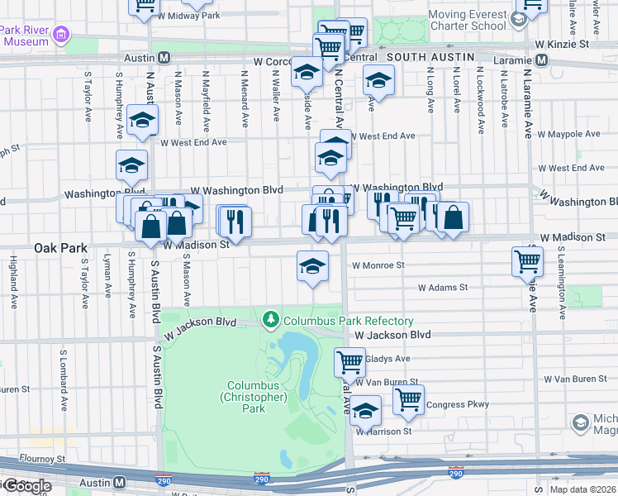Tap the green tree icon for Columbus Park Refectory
click(x=270, y=319)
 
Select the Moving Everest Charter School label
click(x=467, y=19)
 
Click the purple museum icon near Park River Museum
click(x=60, y=36)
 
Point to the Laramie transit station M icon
click(x=542, y=60)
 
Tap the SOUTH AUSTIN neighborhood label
click(x=430, y=57)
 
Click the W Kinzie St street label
click(x=561, y=43)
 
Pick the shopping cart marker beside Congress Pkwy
click(x=408, y=398)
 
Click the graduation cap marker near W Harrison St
click(x=365, y=409)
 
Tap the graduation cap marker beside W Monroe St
click(x=312, y=265)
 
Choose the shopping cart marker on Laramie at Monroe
click(x=527, y=261)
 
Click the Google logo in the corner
click(x=27, y=486)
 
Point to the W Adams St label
click(x=443, y=288)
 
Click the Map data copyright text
click(x=582, y=489)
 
